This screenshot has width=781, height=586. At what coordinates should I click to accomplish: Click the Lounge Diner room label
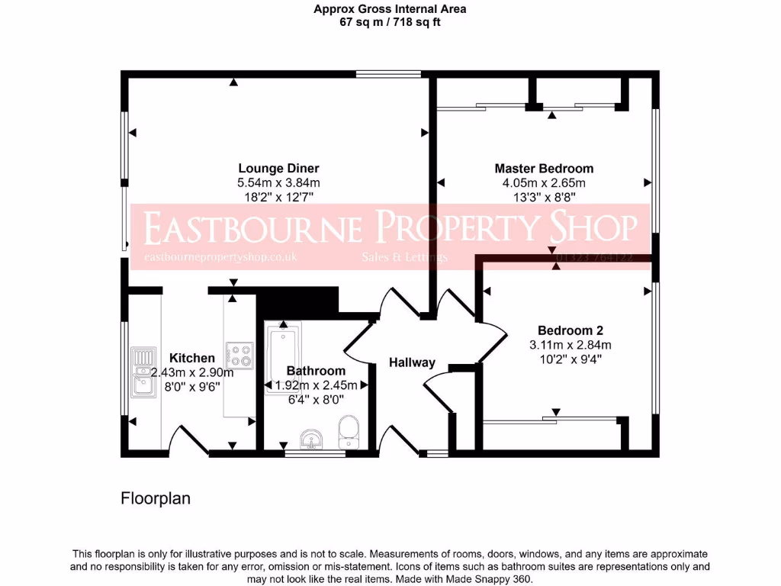tap(278, 169)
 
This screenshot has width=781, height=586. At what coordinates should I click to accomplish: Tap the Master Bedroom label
tap(543, 169)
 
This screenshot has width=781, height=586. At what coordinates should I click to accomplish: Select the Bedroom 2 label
tap(570, 330)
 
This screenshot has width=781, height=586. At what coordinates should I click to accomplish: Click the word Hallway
tap(412, 362)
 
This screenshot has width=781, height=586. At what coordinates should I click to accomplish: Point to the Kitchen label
tap(191, 358)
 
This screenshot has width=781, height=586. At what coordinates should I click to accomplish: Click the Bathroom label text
tap(316, 371)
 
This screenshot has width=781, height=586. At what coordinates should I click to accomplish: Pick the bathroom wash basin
tap(311, 439)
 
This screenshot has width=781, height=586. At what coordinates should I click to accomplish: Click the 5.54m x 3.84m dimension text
tap(278, 183)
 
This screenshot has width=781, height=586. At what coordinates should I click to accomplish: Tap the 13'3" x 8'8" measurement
tap(543, 197)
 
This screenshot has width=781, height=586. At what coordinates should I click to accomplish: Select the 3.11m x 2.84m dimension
tap(570, 345)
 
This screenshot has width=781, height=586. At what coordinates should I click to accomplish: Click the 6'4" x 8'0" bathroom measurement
tap(316, 398)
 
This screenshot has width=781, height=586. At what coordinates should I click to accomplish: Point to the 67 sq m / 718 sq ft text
tap(390, 22)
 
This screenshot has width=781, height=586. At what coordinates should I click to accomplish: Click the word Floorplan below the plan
tap(155, 499)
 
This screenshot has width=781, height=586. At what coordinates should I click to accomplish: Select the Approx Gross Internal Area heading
tap(390, 9)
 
